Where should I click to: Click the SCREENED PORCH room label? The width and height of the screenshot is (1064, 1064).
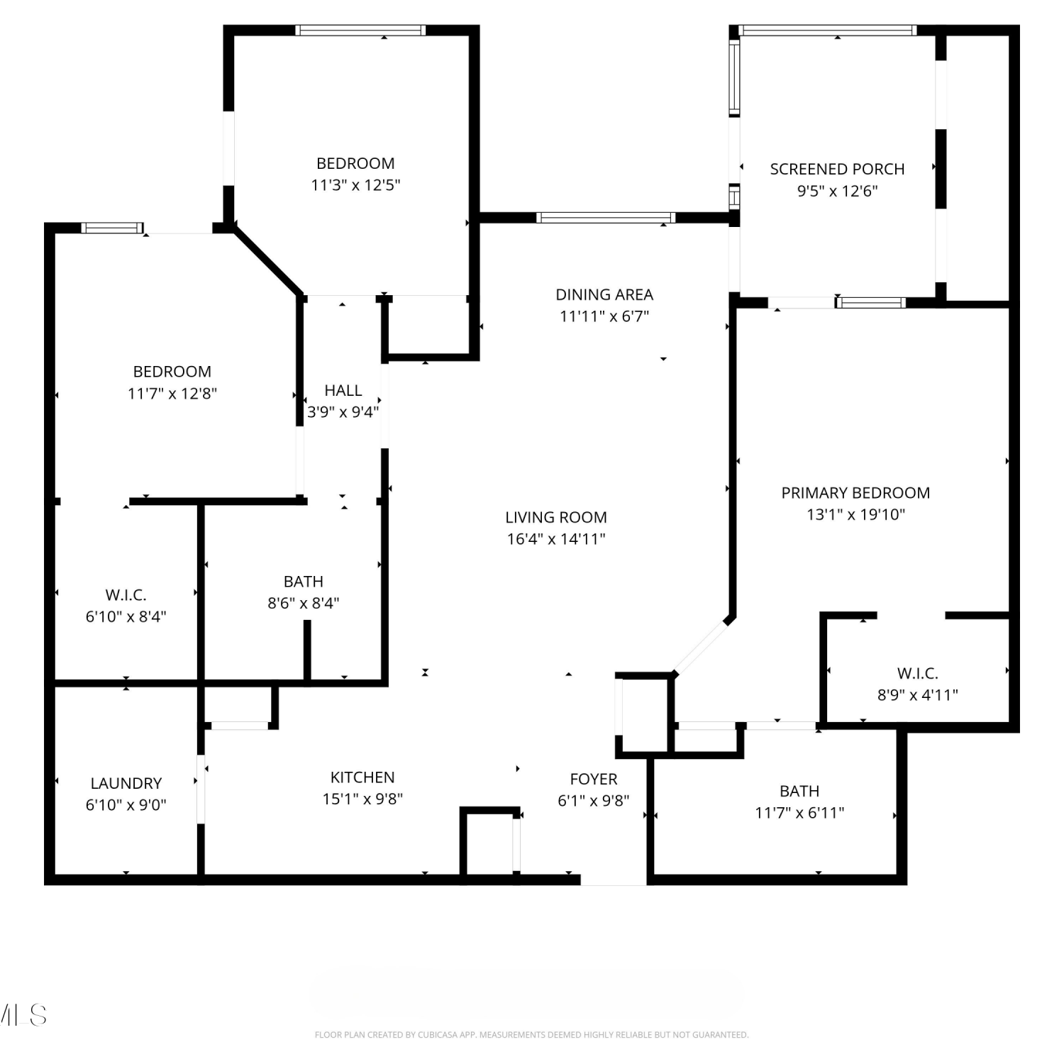click(837, 169)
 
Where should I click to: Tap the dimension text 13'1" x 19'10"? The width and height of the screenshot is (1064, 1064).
click(855, 514)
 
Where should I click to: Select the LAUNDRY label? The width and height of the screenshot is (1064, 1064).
click(126, 783)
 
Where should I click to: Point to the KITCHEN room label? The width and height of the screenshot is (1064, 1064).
click(362, 777)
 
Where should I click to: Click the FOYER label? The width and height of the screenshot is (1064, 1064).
click(594, 779)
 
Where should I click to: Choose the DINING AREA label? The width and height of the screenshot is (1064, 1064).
click(604, 294)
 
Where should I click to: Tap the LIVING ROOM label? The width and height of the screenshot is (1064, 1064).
click(556, 517)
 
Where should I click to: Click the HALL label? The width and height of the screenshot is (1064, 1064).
click(343, 390)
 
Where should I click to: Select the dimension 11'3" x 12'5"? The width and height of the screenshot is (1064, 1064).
click(355, 185)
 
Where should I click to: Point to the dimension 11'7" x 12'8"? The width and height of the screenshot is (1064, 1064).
click(172, 394)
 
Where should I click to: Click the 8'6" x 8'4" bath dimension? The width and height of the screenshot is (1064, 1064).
click(304, 603)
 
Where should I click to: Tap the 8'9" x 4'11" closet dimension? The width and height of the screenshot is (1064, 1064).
click(918, 695)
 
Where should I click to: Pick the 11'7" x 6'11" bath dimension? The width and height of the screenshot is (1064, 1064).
click(799, 813)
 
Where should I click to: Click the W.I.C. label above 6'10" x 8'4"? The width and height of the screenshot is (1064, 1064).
click(126, 594)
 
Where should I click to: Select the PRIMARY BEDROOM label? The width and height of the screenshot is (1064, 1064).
click(855, 492)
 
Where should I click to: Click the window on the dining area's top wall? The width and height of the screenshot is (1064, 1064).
click(605, 218)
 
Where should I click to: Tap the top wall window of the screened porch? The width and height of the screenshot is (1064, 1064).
click(828, 31)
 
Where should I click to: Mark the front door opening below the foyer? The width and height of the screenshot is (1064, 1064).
click(614, 880)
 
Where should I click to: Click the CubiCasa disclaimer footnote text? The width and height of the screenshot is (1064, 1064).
click(531, 1035)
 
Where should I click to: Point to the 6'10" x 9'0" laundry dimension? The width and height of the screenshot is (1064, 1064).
click(126, 805)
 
